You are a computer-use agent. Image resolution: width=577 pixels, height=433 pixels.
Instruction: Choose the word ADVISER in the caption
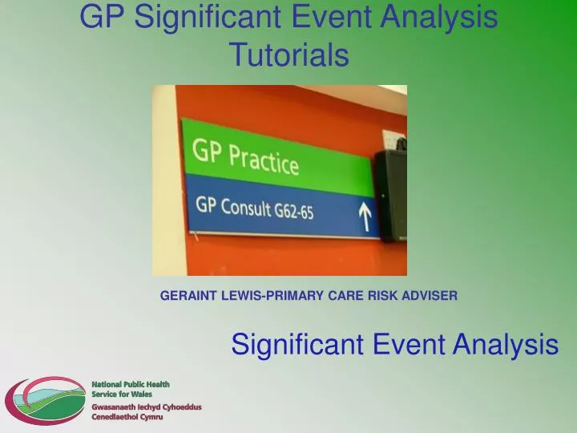click(430, 296)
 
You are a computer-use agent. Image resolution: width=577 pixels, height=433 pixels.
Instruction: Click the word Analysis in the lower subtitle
click(505, 345)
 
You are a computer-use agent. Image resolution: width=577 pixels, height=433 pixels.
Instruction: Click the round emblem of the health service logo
click(45, 401)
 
